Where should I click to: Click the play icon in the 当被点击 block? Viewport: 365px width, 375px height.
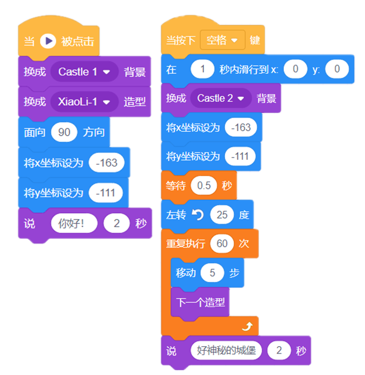coord(47,41)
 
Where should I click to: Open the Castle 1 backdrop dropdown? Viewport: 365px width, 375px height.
coord(84,72)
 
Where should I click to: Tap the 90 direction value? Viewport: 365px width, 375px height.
coord(64,132)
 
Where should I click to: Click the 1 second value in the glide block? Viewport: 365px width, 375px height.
coord(203,69)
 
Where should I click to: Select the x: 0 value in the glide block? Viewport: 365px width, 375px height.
coord(295,69)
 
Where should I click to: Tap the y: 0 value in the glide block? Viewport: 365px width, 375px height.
coord(337,69)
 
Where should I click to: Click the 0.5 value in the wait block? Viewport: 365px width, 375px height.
coord(203,186)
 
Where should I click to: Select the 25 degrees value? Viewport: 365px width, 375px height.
coord(222,215)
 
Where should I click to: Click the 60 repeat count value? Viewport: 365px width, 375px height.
coord(222,244)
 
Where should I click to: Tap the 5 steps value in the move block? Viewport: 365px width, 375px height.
coord(212,273)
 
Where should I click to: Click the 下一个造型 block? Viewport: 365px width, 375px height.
coord(200,302)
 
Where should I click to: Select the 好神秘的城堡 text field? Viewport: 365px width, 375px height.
coord(226,351)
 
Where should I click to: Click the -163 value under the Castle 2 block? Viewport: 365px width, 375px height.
coord(240,127)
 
